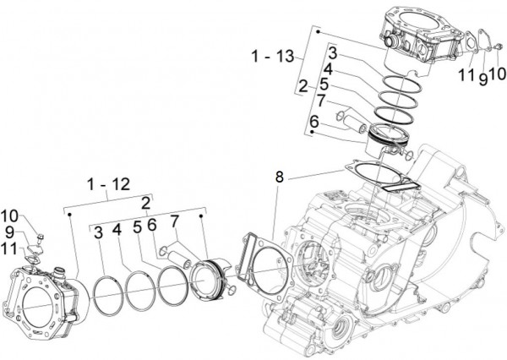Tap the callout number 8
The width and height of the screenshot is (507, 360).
279,177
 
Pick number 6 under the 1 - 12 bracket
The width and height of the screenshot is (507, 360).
152,226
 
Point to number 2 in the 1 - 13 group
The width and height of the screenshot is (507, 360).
302,85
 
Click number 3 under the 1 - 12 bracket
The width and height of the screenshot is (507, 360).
99,231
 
